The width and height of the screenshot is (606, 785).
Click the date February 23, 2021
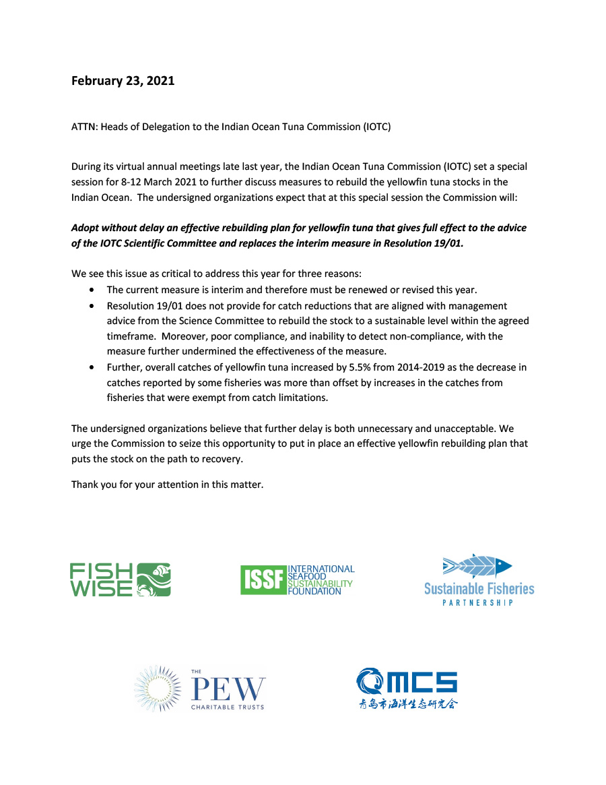coord(123,81)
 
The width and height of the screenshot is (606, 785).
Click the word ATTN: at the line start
coord(84,127)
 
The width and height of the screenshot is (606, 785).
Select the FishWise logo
coord(121,579)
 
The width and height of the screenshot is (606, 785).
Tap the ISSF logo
coord(297,579)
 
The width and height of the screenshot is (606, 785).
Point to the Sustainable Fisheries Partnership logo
coord(479,580)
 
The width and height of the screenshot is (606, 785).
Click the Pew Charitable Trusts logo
coord(200,687)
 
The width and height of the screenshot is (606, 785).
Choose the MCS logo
coord(407,688)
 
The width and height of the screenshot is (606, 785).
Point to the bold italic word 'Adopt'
coord(86,228)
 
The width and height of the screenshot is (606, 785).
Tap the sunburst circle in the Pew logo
coord(159,688)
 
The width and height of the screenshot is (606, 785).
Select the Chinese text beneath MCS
coord(407,704)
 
